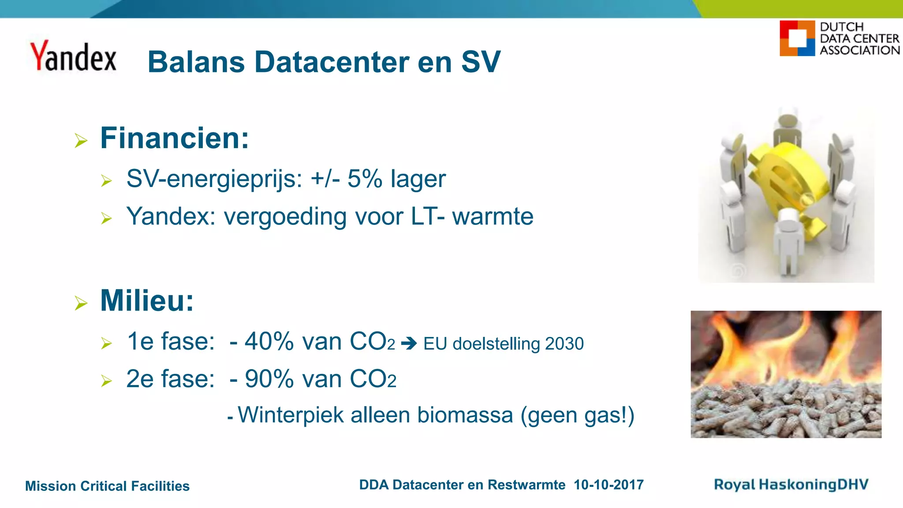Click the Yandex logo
pyautogui.click(x=73, y=56)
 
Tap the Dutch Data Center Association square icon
pyautogui.click(x=797, y=38)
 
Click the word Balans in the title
pyautogui.click(x=196, y=62)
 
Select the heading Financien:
pyautogui.click(x=175, y=138)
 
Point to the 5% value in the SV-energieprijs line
pyautogui.click(x=365, y=179)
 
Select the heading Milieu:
pyautogui.click(x=147, y=301)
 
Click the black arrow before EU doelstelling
pyautogui.click(x=409, y=343)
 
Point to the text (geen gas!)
pyautogui.click(x=577, y=415)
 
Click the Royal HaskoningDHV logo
pyautogui.click(x=791, y=485)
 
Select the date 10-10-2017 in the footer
pyautogui.click(x=608, y=485)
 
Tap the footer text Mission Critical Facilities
pyautogui.click(x=107, y=486)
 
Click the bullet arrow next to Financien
pyautogui.click(x=81, y=141)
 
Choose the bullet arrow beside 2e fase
pyautogui.click(x=106, y=381)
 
